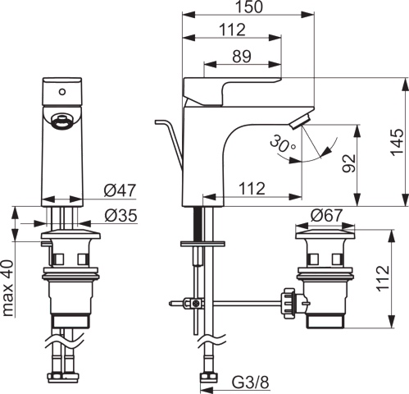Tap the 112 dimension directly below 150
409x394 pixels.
tap(234, 31)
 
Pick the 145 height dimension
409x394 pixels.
tap(397, 141)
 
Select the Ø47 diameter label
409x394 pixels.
tap(120, 191)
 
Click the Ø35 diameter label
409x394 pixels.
tap(120, 216)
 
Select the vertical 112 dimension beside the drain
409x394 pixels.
tap(397, 279)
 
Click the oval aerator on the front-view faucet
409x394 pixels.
tap(62, 123)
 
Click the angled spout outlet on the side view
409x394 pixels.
tap(302, 123)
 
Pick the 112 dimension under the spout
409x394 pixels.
tap(252, 189)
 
